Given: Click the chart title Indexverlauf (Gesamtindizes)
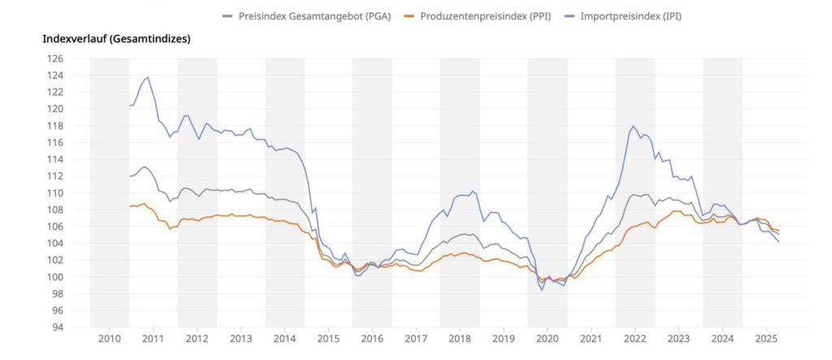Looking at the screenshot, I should point(115,38).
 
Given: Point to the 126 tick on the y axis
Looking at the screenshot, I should point(54,59).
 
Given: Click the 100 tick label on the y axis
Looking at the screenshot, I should point(54,277).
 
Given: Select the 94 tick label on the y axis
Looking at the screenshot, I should point(57,327).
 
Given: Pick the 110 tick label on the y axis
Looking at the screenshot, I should point(54,193).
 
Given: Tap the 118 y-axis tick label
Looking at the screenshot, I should point(54,126).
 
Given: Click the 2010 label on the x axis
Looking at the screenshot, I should point(110,338).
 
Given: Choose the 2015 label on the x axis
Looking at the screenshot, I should point(328,338).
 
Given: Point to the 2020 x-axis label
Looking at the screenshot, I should point(547,338).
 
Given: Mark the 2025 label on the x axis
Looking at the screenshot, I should point(765,338).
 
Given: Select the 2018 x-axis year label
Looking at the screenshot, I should point(460,338).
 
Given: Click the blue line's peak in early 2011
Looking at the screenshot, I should point(147,77).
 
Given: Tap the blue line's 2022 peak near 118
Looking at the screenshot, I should point(633,127).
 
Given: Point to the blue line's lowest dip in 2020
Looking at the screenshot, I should point(542,289).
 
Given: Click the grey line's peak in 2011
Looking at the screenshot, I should point(144,167).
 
